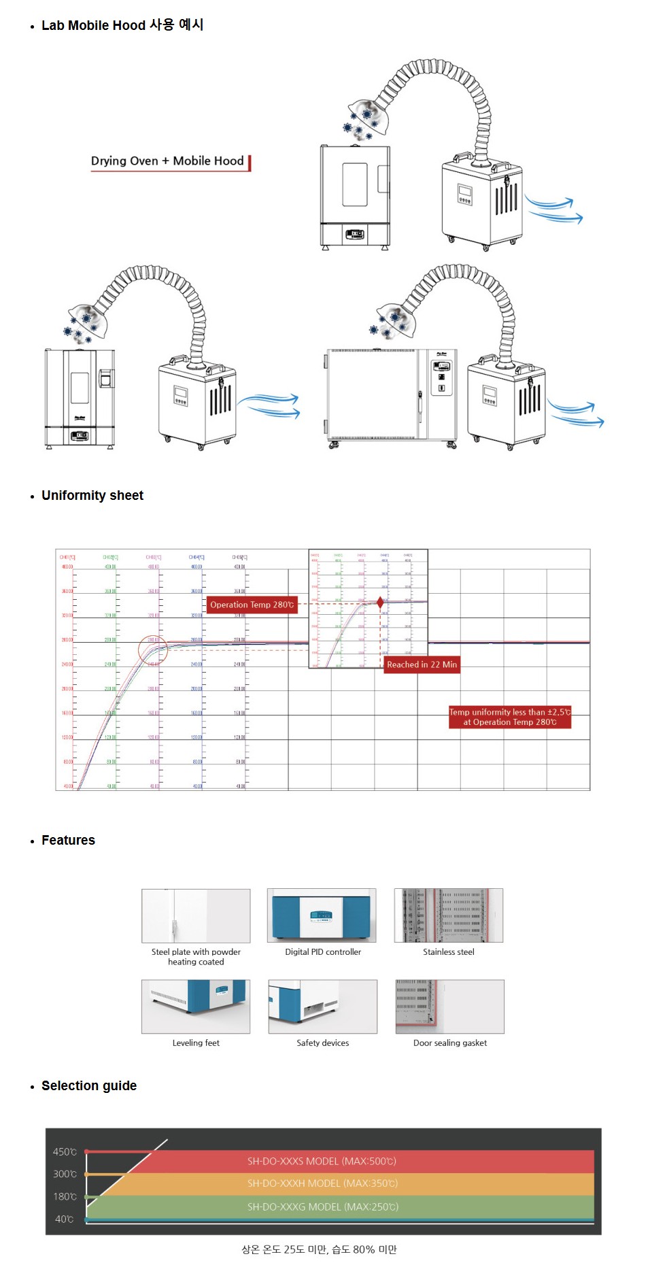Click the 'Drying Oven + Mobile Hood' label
click(x=167, y=161)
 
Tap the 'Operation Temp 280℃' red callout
click(x=252, y=605)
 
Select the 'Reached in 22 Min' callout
click(x=422, y=664)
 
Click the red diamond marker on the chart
click(x=380, y=603)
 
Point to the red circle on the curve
click(x=153, y=650)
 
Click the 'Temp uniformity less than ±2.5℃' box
click(x=509, y=717)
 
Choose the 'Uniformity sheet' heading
click(x=92, y=496)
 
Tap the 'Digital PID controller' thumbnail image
click(x=322, y=915)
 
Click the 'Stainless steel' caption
click(x=449, y=952)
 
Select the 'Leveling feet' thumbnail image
click(x=196, y=1007)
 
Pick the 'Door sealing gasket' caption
click(x=450, y=1043)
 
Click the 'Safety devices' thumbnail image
click(x=322, y=1007)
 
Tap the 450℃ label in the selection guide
click(x=65, y=1152)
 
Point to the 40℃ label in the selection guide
click(x=64, y=1219)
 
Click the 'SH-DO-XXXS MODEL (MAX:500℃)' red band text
click(x=322, y=1162)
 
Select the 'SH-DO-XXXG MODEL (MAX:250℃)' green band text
click(x=323, y=1207)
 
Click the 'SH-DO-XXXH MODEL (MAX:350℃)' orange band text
click(x=322, y=1184)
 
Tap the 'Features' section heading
click(x=68, y=841)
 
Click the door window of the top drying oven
click(x=354, y=184)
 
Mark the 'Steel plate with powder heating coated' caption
click(x=196, y=957)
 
